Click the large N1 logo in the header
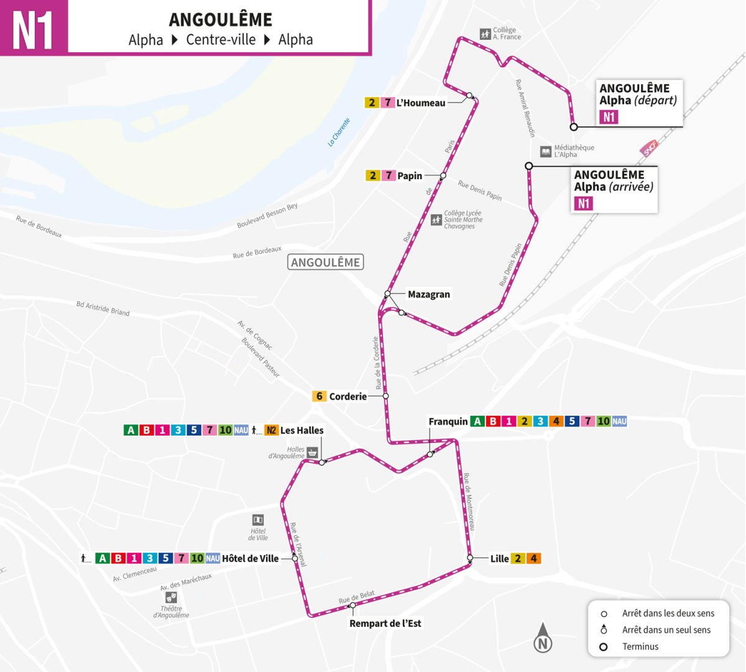point(34,28)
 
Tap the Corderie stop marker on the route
point(385,396)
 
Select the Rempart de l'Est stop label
point(385,623)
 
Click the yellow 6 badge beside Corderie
point(319,396)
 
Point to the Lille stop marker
point(470,558)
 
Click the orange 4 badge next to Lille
point(533,558)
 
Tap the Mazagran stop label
point(428,294)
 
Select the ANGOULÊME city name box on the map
point(326,262)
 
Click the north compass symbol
point(543,638)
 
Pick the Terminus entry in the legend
point(640,646)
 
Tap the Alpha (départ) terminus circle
point(574,127)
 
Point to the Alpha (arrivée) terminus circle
point(528,166)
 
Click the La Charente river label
point(339,132)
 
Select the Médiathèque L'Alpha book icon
point(545,151)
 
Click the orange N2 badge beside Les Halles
point(271,430)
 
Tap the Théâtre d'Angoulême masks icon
point(171,596)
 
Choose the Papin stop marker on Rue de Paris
point(443,176)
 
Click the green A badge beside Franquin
point(477,421)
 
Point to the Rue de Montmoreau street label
point(469,502)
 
